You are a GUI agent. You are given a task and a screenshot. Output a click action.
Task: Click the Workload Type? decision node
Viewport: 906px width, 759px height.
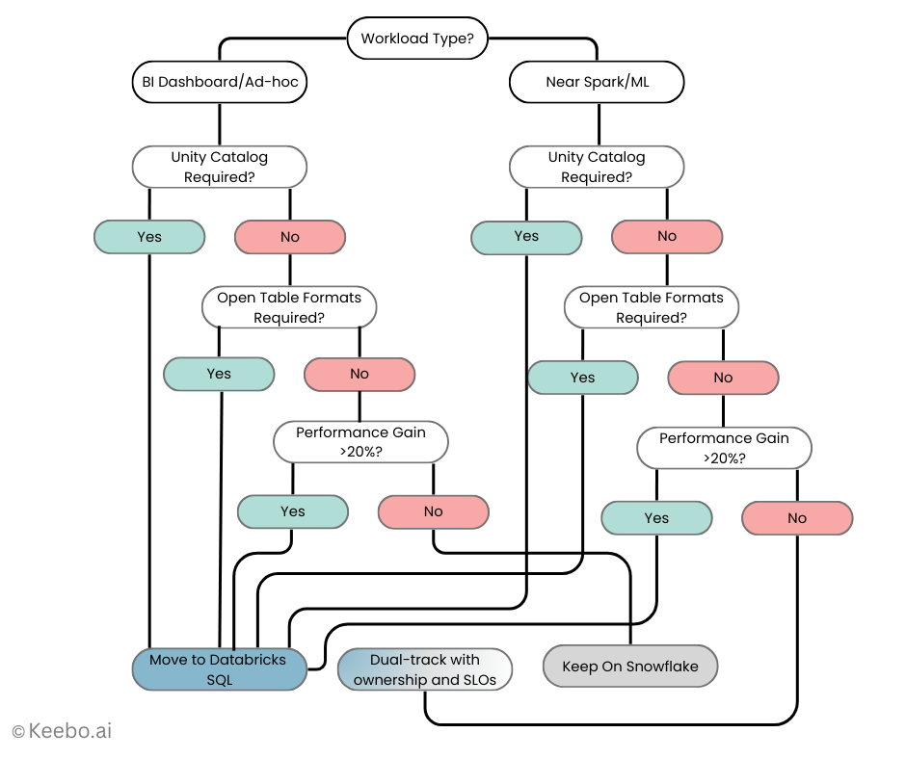(417, 39)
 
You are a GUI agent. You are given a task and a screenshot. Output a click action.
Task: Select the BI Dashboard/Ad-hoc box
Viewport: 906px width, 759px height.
(219, 83)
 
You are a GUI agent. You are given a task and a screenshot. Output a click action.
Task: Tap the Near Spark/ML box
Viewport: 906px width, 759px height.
(597, 83)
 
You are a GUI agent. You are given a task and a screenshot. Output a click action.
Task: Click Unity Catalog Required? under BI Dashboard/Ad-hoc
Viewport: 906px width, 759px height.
(219, 167)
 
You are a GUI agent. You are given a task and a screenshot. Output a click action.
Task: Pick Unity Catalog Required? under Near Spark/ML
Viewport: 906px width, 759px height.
(597, 167)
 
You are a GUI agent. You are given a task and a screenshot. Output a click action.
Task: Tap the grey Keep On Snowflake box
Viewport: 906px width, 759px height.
(630, 667)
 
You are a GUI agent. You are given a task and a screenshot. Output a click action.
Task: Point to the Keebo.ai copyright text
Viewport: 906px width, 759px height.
(62, 731)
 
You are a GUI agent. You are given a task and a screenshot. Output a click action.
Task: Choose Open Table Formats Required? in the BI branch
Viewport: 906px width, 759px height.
(289, 307)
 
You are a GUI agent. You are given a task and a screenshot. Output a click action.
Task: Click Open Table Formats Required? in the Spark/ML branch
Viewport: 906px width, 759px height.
(651, 307)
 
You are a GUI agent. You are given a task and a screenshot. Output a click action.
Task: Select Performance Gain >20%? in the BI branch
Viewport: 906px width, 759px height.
(360, 442)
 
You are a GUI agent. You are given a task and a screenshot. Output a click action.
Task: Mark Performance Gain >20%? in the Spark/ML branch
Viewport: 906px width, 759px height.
(724, 448)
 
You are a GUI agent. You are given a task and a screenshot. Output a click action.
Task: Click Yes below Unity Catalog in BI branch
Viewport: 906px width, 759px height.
(149, 237)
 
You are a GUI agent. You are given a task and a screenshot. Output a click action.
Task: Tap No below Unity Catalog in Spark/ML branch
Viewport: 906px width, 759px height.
(667, 237)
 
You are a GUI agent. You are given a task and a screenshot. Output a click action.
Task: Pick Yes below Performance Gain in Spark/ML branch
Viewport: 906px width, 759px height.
(656, 518)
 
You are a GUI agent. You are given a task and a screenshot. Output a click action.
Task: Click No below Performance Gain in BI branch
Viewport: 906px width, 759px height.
(433, 512)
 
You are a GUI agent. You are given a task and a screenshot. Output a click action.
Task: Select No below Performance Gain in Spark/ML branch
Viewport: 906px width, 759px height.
(797, 518)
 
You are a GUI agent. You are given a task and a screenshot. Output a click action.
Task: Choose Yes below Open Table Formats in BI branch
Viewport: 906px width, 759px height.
(219, 375)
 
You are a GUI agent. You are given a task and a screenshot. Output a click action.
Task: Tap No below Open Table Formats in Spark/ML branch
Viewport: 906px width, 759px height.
(723, 379)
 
